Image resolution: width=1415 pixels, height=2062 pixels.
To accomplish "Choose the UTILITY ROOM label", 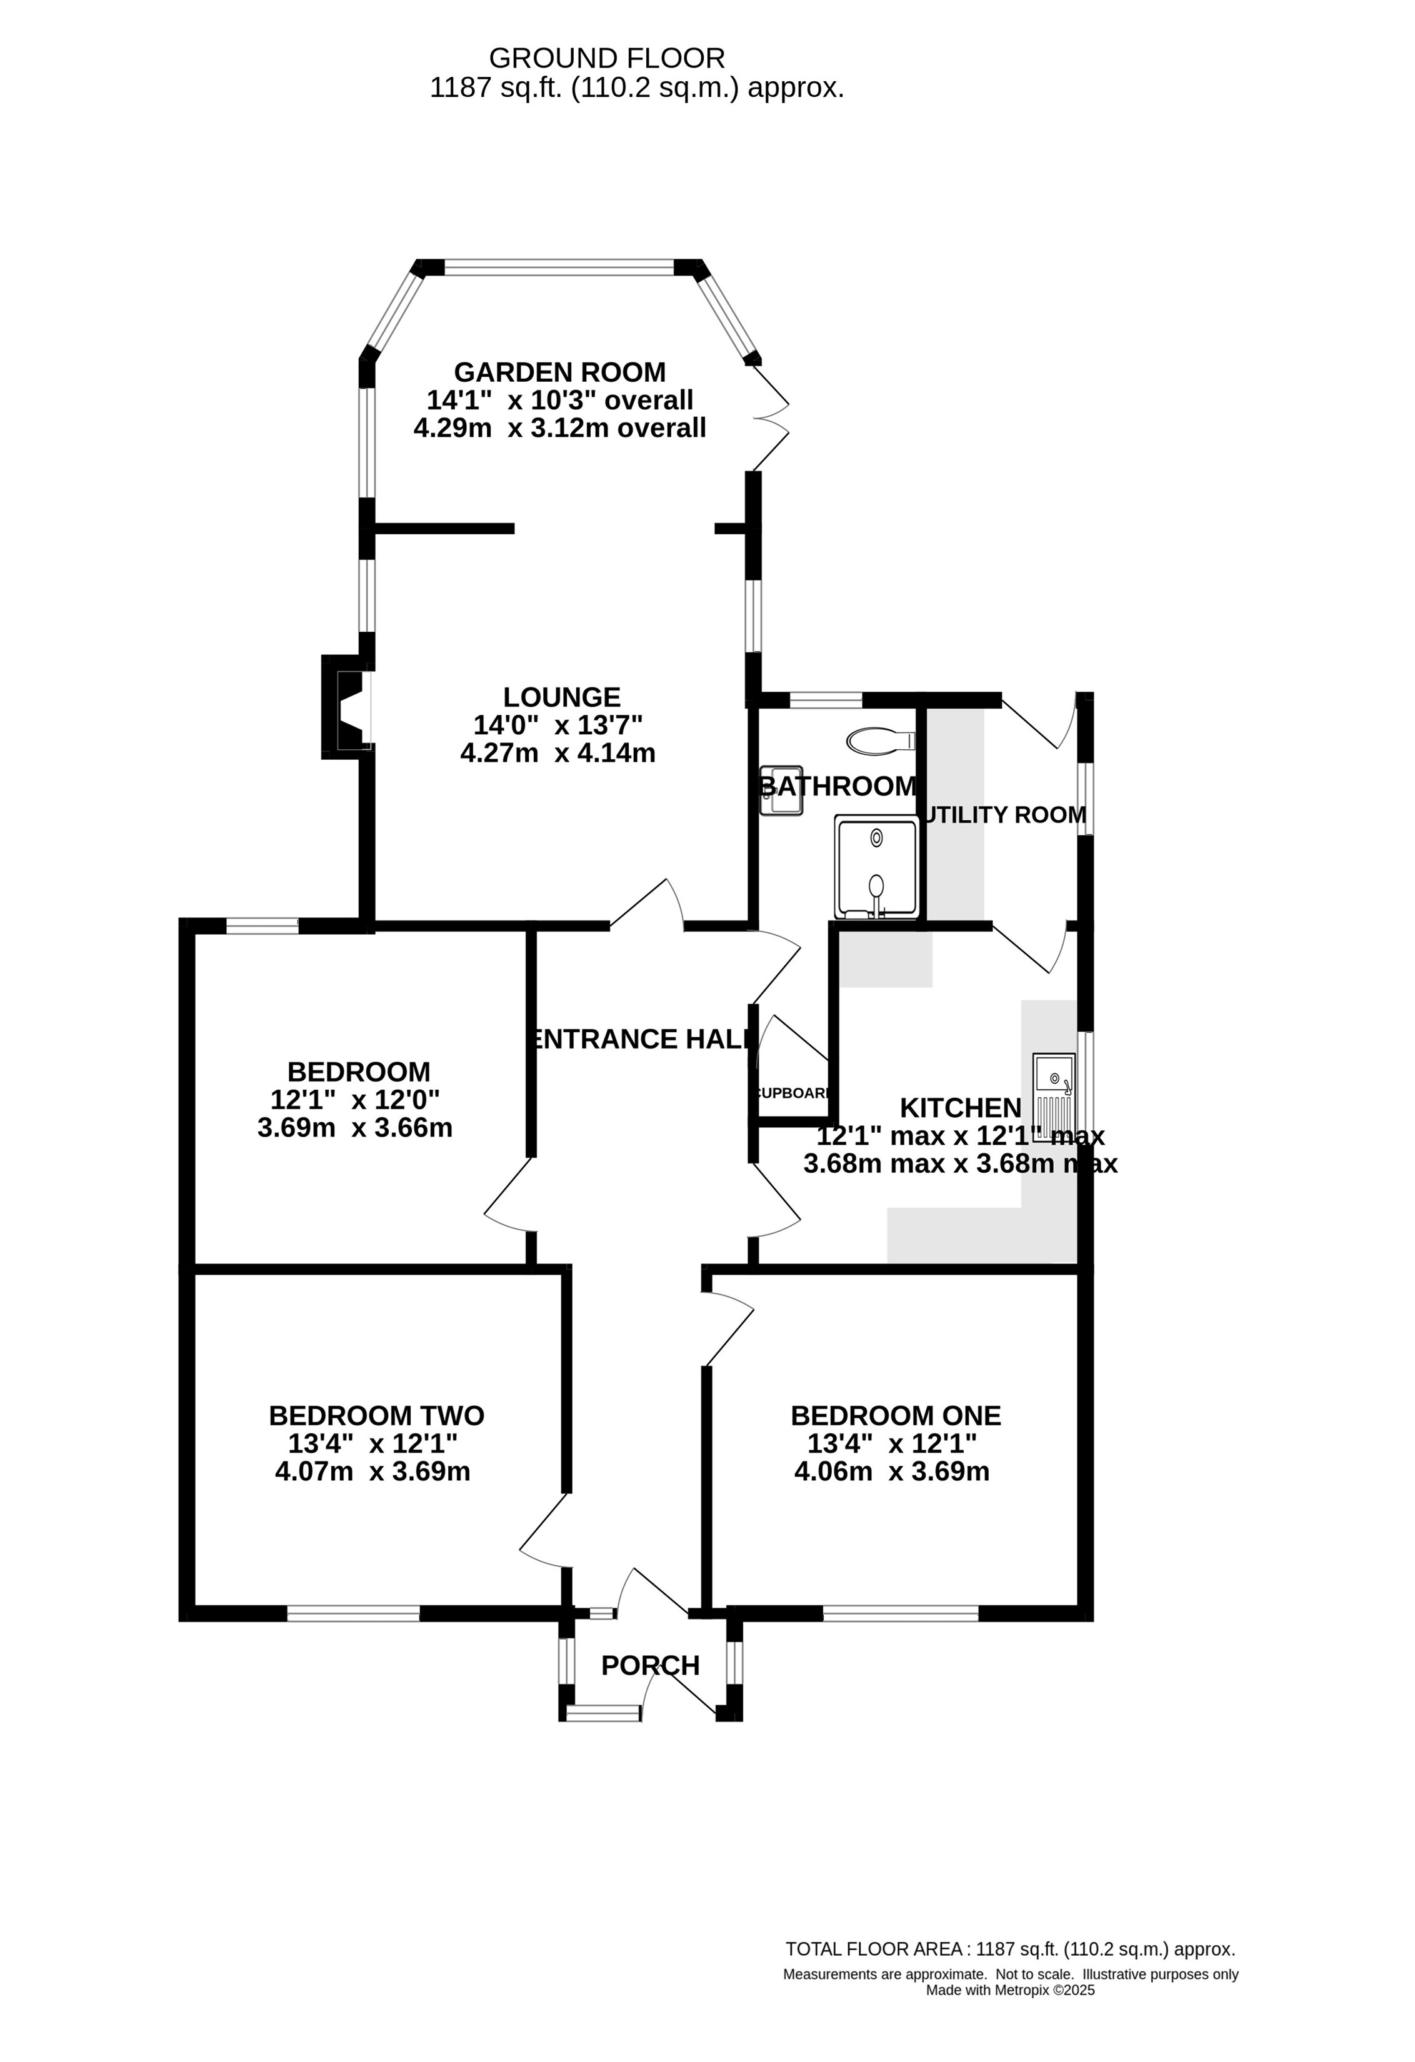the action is tap(1005, 815).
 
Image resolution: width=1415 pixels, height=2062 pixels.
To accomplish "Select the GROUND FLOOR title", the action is tap(607, 59).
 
